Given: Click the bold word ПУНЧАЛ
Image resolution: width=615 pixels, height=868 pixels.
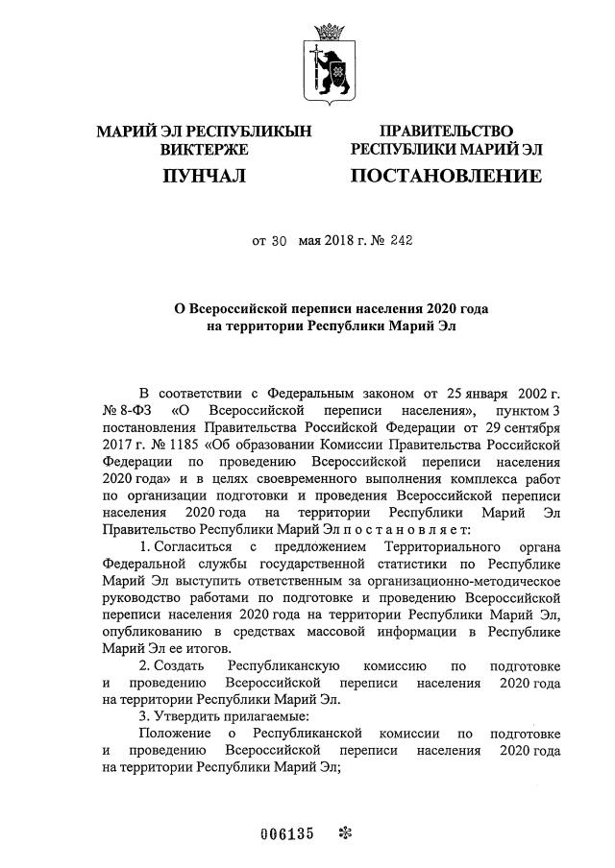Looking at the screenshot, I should point(204,176).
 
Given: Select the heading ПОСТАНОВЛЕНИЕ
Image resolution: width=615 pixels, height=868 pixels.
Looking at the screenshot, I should point(445,176).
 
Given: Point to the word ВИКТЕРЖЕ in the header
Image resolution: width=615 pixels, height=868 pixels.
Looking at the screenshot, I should point(204,150).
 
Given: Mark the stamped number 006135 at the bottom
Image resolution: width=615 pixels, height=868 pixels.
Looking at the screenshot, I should point(287,832).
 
